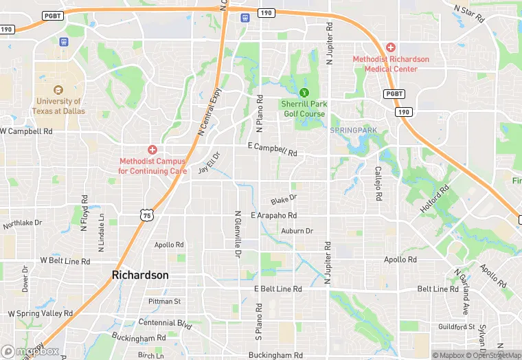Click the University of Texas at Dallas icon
[58, 90]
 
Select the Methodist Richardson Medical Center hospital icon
[391, 47]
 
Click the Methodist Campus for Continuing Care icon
[152, 150]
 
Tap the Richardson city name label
[140, 275]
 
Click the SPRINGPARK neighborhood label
[354, 130]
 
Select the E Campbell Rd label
[273, 150]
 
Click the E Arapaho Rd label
[273, 216]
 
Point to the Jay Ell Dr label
[208, 164]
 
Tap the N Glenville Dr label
[238, 234]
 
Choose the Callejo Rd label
[378, 183]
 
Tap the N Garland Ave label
[459, 291]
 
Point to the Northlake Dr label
[23, 224]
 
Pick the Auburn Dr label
[297, 232]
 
